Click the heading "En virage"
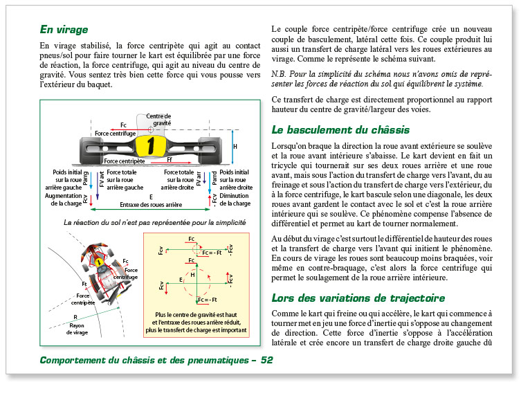64,30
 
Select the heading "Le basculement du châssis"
340,129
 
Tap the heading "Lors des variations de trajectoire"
358,298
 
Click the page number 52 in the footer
267,360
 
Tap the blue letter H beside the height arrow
235,147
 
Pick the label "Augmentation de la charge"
64,199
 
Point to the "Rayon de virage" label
77,328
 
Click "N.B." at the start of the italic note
280,73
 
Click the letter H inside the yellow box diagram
194,275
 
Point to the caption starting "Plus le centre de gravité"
195,323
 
